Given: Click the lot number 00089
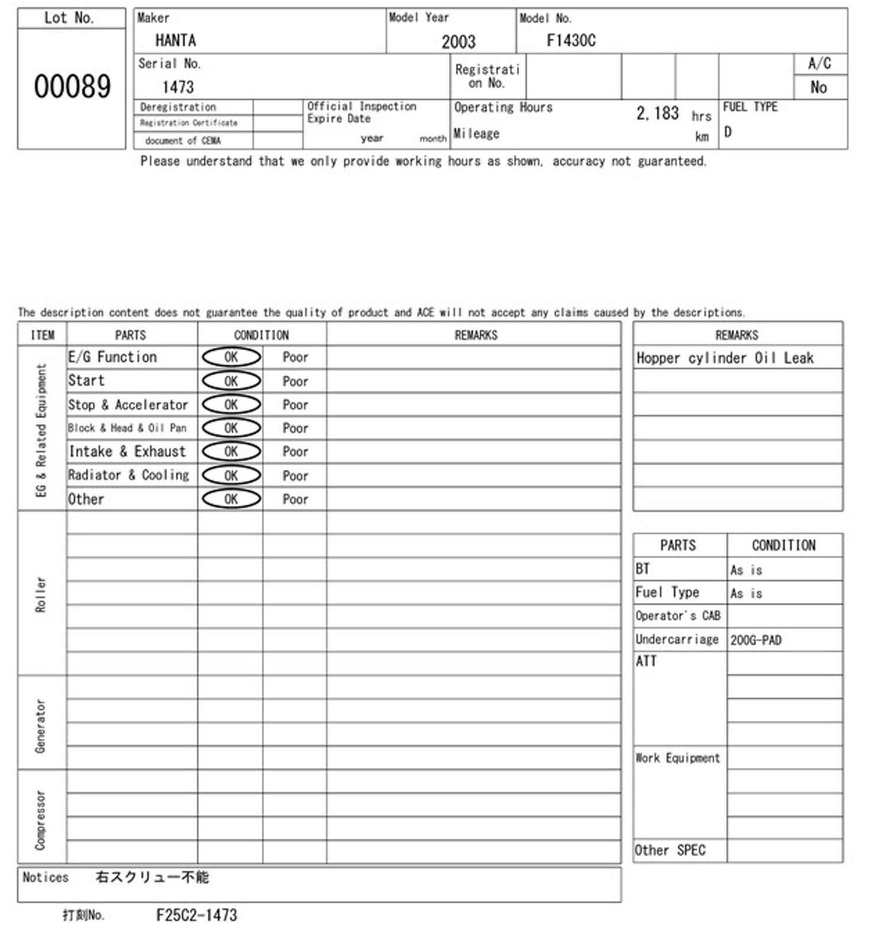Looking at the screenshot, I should (72, 86).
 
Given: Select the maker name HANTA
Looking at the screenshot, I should (176, 41).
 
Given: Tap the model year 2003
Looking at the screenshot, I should (458, 42).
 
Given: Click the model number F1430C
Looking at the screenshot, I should (571, 41).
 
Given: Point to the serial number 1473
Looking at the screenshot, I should (178, 88).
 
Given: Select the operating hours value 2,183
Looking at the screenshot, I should (658, 113).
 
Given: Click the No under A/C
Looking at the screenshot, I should (818, 88).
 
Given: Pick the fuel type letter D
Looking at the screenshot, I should (728, 133).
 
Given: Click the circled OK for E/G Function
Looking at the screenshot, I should (231, 357).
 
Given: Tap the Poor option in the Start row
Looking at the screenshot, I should (295, 382).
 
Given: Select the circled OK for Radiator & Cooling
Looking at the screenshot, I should (231, 476).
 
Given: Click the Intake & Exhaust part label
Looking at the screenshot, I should (127, 452).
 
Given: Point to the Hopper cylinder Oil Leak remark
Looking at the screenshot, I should (725, 358).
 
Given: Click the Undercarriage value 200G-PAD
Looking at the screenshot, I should (756, 640).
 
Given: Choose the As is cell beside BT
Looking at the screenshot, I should (746, 570).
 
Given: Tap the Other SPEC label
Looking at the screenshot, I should (670, 851).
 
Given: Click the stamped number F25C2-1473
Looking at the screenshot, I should (196, 916).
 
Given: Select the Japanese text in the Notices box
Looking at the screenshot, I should (152, 877).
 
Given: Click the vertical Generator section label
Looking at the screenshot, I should (41, 726).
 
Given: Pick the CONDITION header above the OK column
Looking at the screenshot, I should (261, 335).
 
